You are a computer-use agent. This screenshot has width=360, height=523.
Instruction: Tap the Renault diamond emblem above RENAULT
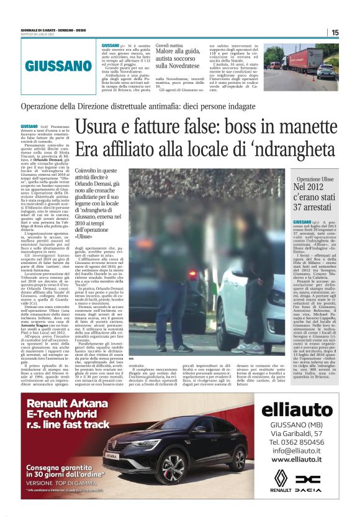pyautogui.click(x=282, y=480)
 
